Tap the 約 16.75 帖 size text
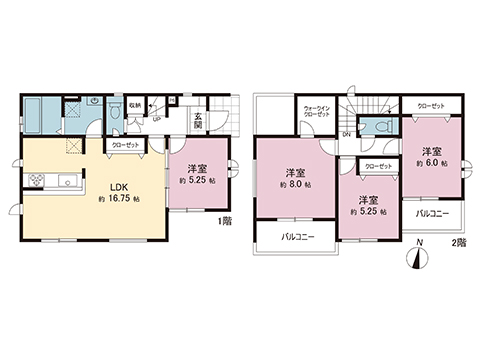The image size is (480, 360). [x=118, y=200]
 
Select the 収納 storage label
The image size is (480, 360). [x=134, y=101]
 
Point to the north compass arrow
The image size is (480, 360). [x=418, y=259]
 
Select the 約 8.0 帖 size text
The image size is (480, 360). [x=295, y=186]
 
